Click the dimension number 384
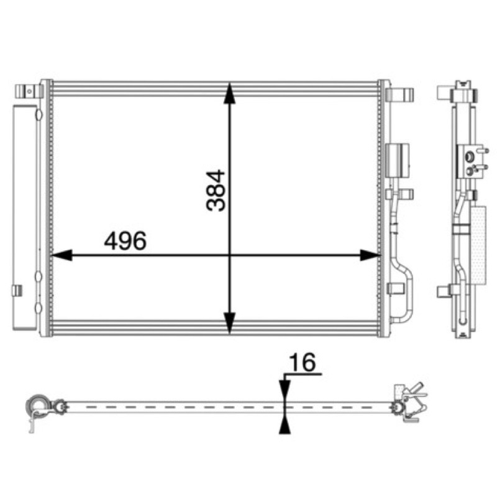(216, 191)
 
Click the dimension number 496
(125, 240)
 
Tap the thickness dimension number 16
(303, 362)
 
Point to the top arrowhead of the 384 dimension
(229, 93)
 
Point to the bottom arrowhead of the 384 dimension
(229, 322)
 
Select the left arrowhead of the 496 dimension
(62, 255)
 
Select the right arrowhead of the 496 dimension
(370, 255)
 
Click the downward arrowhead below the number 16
(285, 391)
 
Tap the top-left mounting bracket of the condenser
(29, 91)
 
